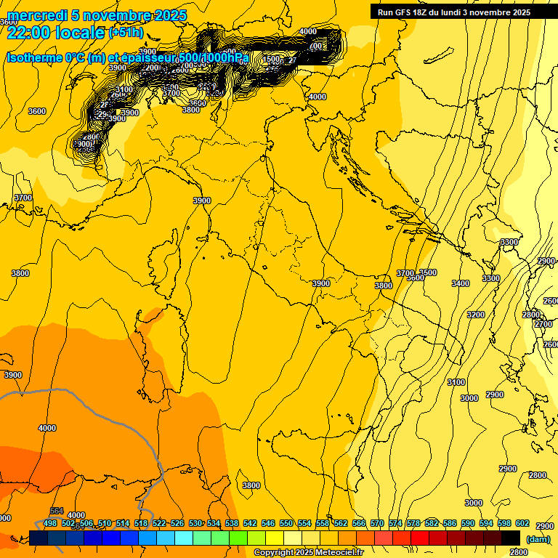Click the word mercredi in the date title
pos(33,15)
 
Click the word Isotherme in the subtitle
pos(33,58)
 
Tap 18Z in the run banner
pos(424,12)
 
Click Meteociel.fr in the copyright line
pos(342,553)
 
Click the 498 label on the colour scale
pos(50,523)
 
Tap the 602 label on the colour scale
pos(522,523)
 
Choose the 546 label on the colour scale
pos(268,523)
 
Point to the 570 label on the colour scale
pos(377,523)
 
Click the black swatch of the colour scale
pos(511,538)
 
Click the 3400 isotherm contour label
pos(461,283)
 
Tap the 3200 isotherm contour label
pos(476,315)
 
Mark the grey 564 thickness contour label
pos(57,511)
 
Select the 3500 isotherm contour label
pos(429,272)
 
